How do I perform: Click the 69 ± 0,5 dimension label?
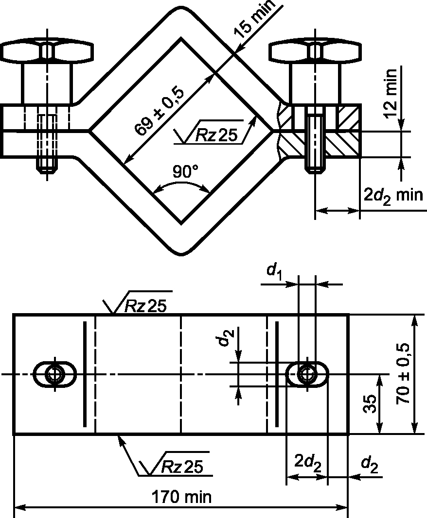pos(159,112)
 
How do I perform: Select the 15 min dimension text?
pos(254,18)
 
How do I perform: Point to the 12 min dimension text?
pos(391,94)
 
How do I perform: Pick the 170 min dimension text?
pos(181,497)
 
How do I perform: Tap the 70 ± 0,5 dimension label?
pos(403,373)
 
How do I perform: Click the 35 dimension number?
pos(370,404)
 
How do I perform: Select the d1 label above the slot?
pos(274,271)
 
